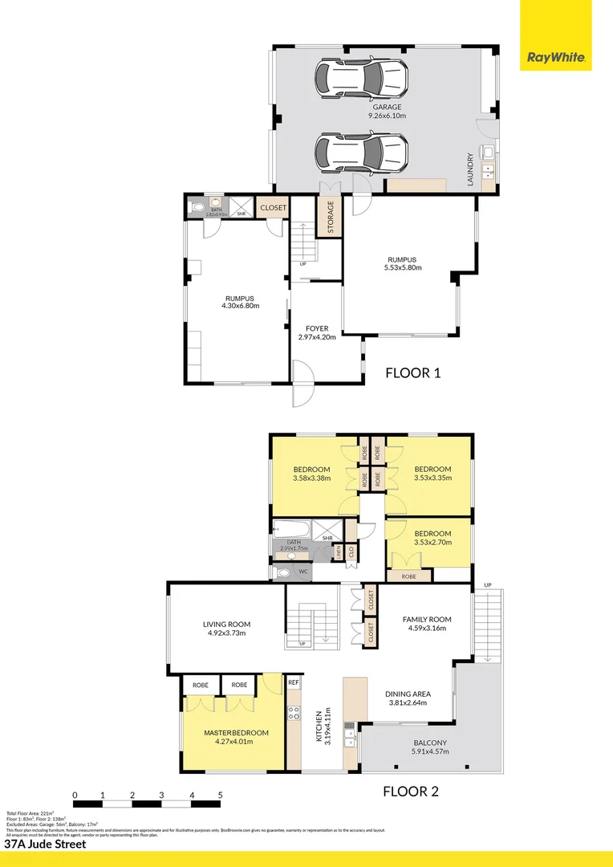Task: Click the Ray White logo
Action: (556, 58)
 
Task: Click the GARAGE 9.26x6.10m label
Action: (386, 112)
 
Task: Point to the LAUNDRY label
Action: (471, 170)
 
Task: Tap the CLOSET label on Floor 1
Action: (273, 208)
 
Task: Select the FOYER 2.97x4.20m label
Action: (317, 333)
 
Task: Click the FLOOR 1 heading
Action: (413, 372)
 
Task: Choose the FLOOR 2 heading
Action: (410, 792)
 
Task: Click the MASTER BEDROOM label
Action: (236, 737)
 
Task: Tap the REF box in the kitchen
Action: (293, 682)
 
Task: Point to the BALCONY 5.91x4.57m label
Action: (431, 747)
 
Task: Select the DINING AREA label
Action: (408, 698)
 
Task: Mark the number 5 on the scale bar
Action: (220, 796)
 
